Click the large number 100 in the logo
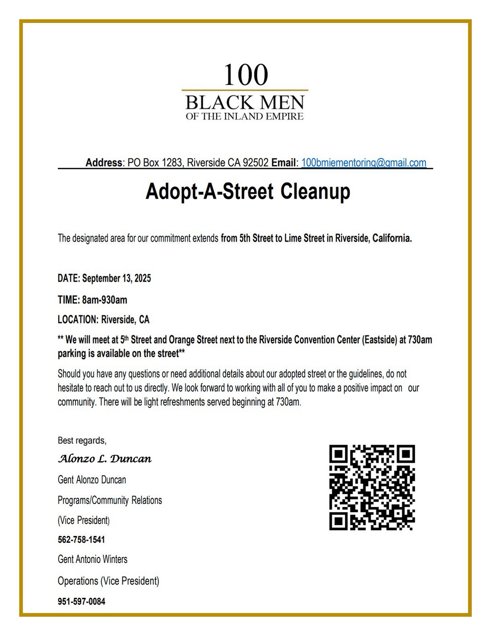coord(245,75)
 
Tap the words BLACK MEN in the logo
coord(244,103)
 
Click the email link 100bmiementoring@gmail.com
coord(364,163)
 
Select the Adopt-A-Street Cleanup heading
coord(248,191)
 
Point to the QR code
coord(372,487)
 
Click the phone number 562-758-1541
coord(81,540)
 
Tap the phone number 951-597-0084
coord(81,601)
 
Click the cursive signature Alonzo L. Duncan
coord(105,459)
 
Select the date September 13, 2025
coord(117,278)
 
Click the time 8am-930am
coord(105,300)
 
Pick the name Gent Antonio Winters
coord(92,559)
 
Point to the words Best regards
coord(82,441)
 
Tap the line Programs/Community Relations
coord(110,500)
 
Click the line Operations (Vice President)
coord(109,581)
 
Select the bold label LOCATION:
coord(78,320)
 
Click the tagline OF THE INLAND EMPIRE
coord(244,117)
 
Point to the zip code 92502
coord(256,163)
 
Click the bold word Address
coord(104,163)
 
